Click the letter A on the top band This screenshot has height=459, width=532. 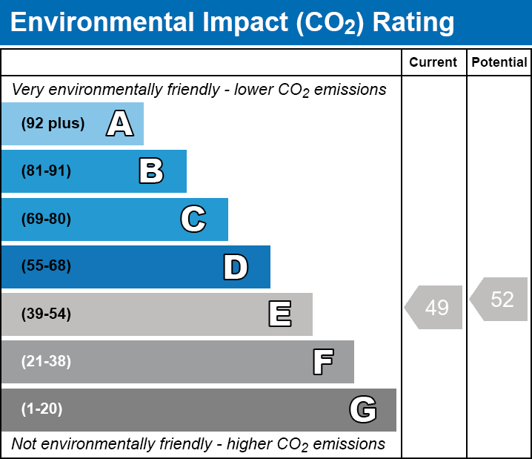pos(120,123)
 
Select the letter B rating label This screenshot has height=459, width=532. pos(151,171)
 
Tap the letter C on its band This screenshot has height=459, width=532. pos(193,219)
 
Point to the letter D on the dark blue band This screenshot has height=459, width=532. pos(236,267)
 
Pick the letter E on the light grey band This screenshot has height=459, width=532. pos(280,314)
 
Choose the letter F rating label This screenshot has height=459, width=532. pos(323,362)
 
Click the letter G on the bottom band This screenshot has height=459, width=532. pos(363,409)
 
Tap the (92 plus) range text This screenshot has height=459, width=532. pos(53,123)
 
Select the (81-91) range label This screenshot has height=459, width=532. pos(46,171)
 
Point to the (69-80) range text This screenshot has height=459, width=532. pos(46,219)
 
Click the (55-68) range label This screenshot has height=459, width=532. pos(46,265)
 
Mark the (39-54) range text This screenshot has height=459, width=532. pos(46,314)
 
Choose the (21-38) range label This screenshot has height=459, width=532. pos(46,361)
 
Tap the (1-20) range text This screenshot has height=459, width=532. pos(41,409)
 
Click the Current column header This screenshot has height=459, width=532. pos(433,62)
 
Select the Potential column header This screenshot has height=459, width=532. pos(499,62)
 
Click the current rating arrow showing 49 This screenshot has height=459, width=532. pos(433,307)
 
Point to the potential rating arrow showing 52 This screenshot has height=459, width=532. pos(499,299)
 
